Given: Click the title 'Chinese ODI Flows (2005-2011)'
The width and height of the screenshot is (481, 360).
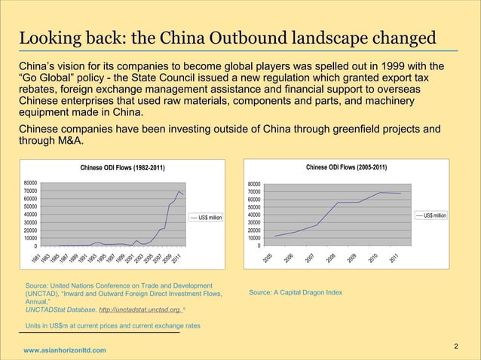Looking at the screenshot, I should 346,166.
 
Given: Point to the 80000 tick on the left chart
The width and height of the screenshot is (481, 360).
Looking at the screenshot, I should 31,182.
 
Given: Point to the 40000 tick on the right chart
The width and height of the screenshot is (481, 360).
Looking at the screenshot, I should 254,215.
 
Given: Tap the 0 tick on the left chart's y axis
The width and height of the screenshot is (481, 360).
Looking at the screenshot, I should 36,246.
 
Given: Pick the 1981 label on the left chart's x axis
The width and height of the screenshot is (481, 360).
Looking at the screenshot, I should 35,259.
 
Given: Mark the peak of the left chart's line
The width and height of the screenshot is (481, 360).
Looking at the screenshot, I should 179,191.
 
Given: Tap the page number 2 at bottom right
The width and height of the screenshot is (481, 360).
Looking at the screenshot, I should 457,346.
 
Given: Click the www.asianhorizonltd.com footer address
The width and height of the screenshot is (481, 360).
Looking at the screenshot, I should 65,351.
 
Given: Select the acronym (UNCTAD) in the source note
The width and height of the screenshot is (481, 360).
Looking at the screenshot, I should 44,294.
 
